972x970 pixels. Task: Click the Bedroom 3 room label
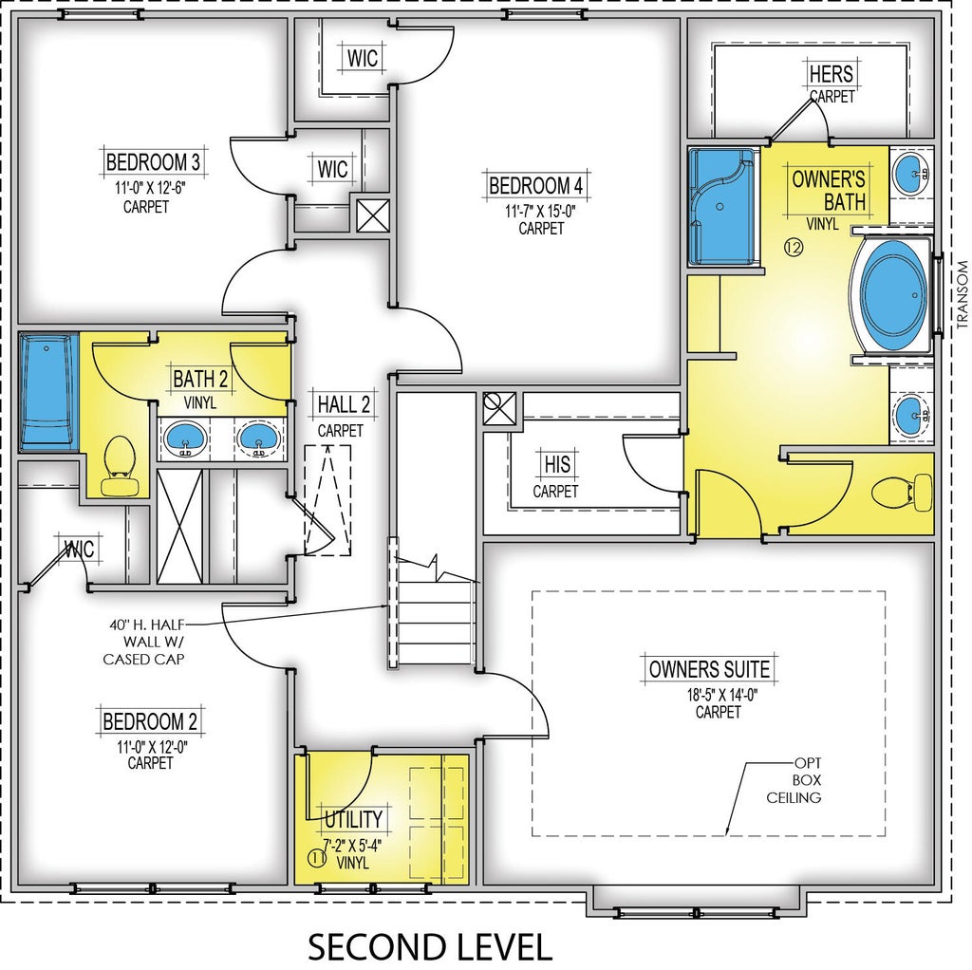(x=153, y=161)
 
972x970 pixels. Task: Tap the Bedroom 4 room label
(x=536, y=185)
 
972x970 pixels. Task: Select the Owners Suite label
(x=709, y=669)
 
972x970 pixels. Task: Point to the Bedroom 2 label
(x=150, y=721)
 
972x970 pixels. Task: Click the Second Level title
(x=430, y=947)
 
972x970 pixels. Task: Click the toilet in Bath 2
(x=120, y=465)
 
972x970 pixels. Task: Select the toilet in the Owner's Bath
(x=902, y=493)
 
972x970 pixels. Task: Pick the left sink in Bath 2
(x=185, y=438)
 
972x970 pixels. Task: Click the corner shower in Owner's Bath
(x=722, y=206)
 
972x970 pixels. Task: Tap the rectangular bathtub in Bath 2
(x=48, y=392)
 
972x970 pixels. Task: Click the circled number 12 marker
(x=794, y=248)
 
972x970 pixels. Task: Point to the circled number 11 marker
(x=317, y=858)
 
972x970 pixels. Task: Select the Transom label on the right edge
(x=962, y=294)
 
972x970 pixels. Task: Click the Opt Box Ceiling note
(x=794, y=780)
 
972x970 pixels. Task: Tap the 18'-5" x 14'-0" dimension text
(x=722, y=695)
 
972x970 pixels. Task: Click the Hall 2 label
(x=344, y=404)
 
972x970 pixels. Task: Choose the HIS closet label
(x=557, y=464)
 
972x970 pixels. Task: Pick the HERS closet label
(x=832, y=74)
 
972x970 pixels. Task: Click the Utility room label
(x=353, y=819)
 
